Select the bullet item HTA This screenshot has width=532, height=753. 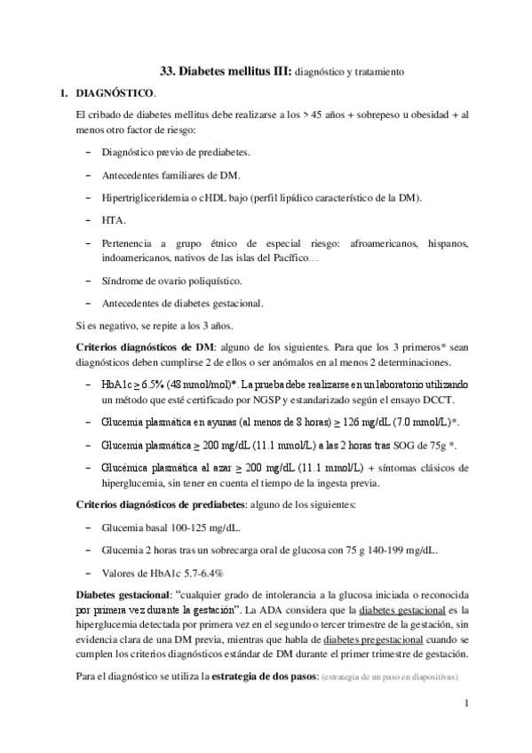[x=114, y=218]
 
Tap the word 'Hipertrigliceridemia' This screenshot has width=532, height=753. [x=146, y=196]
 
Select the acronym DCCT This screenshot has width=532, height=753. [x=438, y=400]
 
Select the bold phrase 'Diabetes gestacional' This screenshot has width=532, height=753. [x=128, y=592]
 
